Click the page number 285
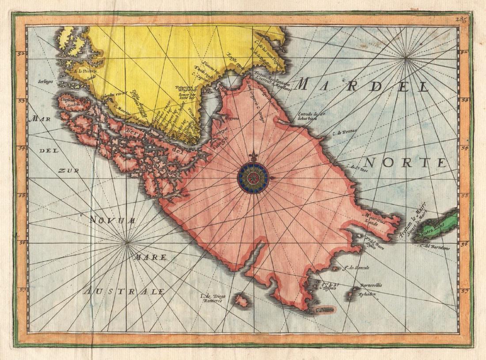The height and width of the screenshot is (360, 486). [462, 19]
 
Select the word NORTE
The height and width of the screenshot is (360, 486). [405, 163]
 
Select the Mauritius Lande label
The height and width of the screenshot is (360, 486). [372, 218]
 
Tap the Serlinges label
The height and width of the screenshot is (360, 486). [46, 82]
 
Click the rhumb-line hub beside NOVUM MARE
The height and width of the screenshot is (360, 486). [127, 242]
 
